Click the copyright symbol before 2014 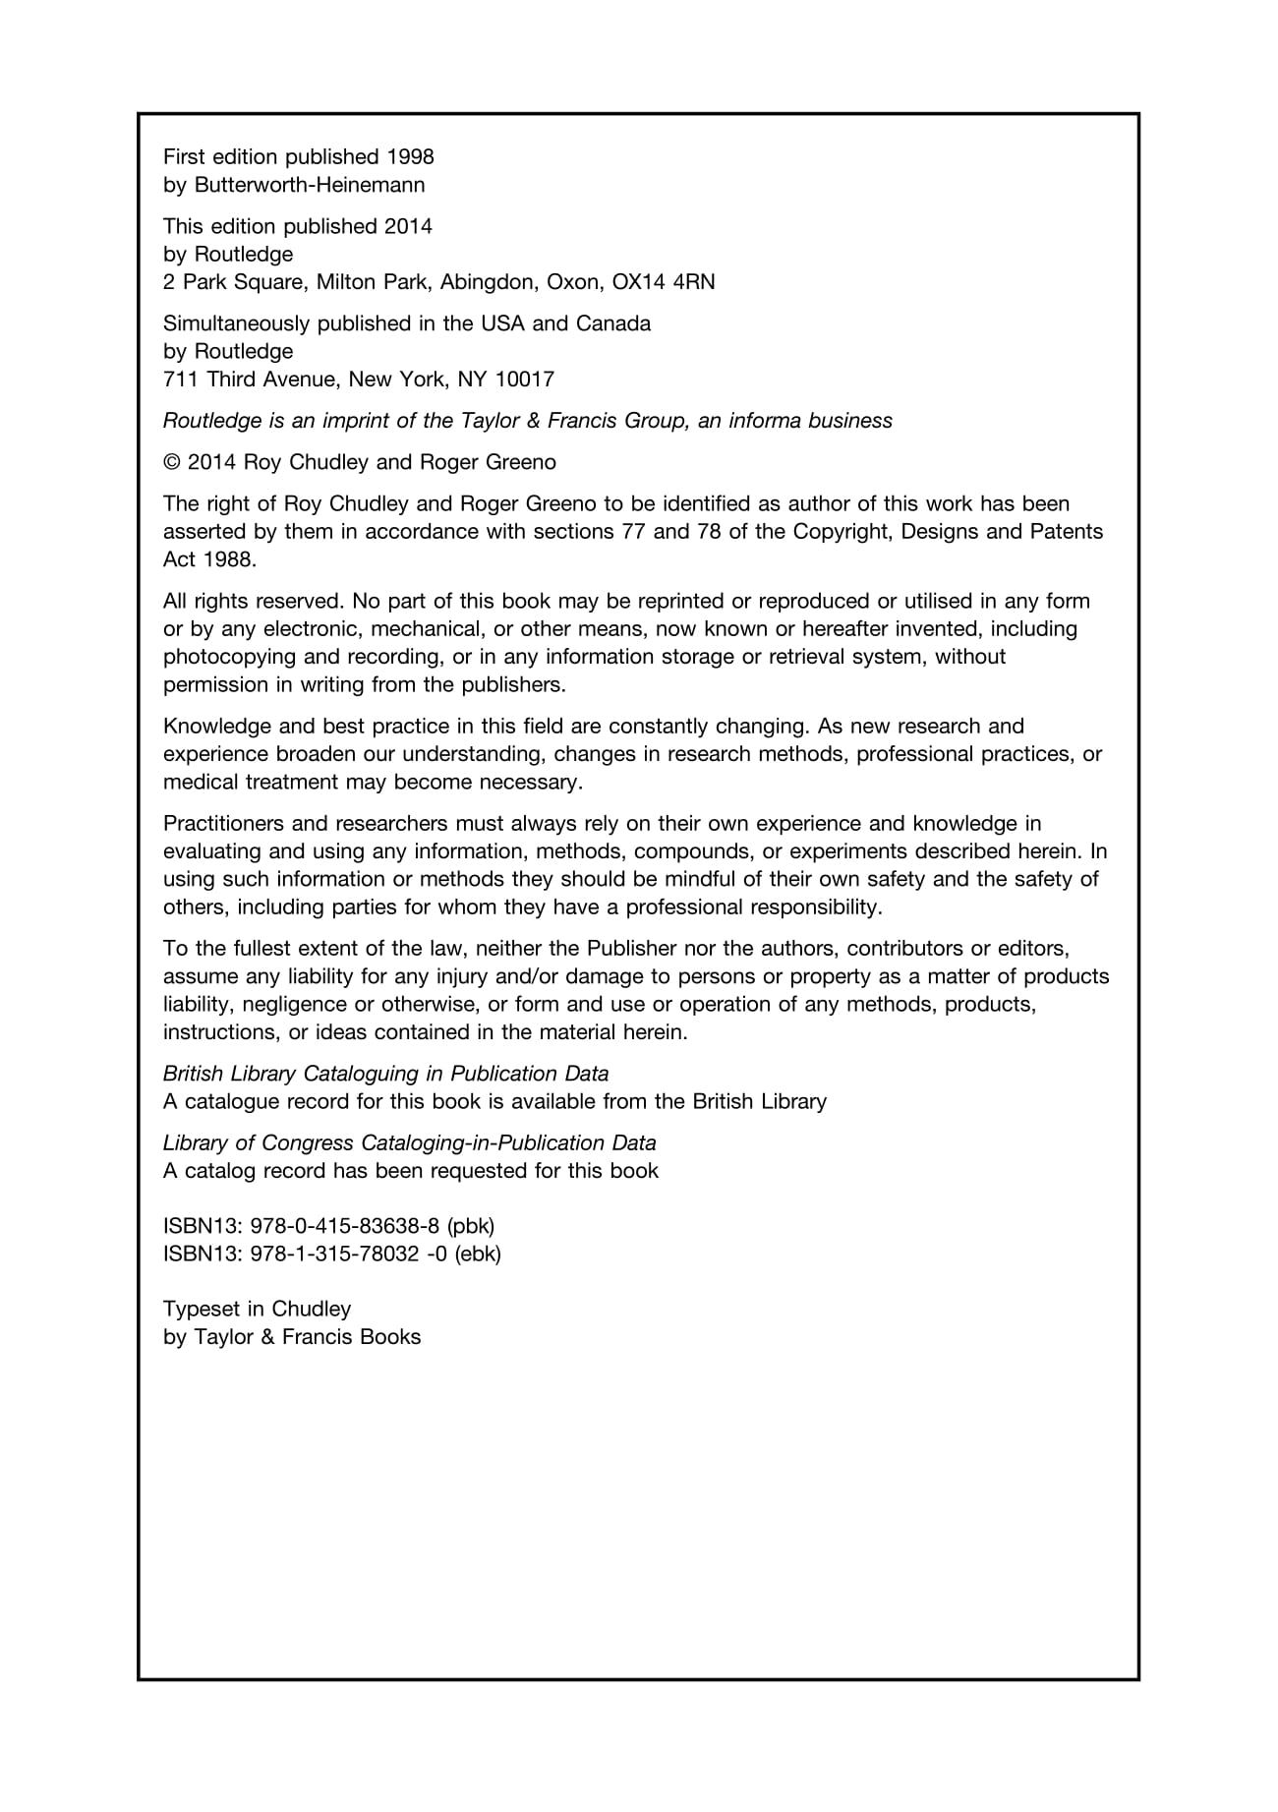click(172, 462)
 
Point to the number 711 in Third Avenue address click(181, 380)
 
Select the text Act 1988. click(209, 559)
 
